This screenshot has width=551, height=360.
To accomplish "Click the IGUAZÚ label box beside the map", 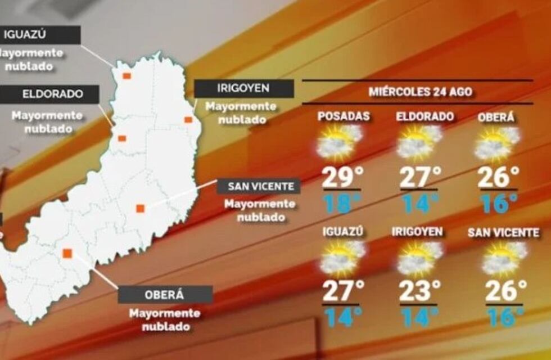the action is [40, 35].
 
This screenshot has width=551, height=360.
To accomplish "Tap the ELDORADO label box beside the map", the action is [49, 94].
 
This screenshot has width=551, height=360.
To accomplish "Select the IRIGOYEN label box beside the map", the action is [243, 88].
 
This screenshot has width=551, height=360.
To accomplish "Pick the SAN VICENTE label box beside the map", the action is [259, 186].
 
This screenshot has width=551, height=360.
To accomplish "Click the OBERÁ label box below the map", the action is [165, 294].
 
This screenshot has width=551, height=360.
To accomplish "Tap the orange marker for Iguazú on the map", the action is [127, 76].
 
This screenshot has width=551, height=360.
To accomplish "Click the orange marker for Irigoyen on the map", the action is [188, 119].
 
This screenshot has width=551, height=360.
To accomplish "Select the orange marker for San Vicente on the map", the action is [140, 208].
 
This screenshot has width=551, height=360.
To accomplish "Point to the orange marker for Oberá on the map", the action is [67, 253].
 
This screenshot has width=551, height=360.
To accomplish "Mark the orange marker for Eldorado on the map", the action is [122, 138].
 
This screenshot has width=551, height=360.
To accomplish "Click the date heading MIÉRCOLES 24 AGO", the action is [417, 91].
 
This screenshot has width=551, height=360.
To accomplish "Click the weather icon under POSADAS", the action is [339, 142].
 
